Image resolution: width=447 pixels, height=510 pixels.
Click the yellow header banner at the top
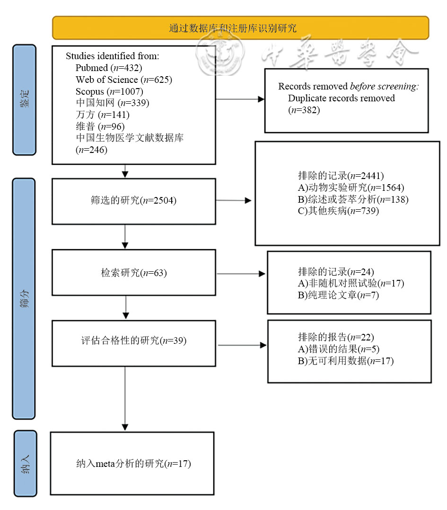(240, 27)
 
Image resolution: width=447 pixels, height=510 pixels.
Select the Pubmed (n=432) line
(109, 67)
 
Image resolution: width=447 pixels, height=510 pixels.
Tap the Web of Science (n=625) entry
(123, 80)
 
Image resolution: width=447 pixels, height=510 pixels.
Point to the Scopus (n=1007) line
(109, 91)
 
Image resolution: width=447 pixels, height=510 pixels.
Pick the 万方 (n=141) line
(102, 115)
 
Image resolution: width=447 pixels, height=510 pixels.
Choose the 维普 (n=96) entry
(99, 126)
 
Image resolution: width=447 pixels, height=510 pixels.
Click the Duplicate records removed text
(341, 98)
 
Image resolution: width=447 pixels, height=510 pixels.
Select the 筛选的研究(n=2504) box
(133, 201)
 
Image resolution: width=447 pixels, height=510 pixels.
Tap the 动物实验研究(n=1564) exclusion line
(351, 188)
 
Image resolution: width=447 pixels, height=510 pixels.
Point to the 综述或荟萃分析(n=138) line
(352, 199)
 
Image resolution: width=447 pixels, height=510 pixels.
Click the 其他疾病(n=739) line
(338, 211)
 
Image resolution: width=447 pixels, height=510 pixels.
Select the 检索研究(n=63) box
(133, 273)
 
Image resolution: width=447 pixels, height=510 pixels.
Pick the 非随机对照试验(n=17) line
(351, 284)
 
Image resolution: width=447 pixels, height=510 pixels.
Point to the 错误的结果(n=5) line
(338, 349)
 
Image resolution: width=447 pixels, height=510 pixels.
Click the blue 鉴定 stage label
(24, 99)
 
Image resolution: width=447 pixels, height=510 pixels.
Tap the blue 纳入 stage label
(25, 463)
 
